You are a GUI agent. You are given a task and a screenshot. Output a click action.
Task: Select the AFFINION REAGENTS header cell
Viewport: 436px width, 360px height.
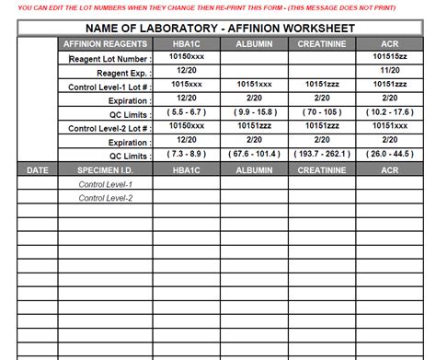105,44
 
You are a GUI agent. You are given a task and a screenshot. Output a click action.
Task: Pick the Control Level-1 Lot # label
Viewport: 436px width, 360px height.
110,86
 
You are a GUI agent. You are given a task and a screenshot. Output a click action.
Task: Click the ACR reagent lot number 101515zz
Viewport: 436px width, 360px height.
390,57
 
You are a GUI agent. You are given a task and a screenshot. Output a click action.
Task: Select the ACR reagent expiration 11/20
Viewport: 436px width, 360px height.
390,71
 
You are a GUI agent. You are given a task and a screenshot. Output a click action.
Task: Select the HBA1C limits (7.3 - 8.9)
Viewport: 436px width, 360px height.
187,156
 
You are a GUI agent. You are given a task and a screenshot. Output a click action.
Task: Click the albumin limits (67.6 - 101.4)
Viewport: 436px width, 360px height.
254,156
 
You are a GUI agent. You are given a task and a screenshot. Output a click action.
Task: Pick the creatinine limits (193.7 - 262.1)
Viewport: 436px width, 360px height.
322,156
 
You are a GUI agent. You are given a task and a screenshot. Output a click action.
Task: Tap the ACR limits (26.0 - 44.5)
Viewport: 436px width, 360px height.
390,156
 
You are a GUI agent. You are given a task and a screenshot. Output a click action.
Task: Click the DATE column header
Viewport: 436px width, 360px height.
37,170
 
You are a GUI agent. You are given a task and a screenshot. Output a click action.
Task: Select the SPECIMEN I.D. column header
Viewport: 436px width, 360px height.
105,170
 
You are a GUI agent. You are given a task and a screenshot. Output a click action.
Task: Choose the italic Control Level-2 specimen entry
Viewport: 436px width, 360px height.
106,198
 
